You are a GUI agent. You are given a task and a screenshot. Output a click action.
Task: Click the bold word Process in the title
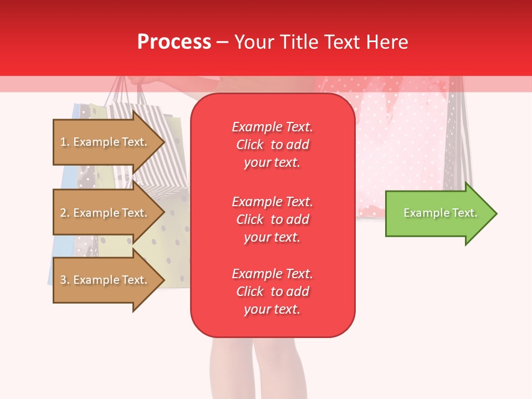(174, 42)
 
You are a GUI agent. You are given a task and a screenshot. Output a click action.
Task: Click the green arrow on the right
(438, 213)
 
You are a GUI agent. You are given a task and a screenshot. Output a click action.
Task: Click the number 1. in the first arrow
(65, 142)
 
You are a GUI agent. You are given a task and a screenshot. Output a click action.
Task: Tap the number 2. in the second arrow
(65, 213)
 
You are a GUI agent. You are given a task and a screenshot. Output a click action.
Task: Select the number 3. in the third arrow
(65, 280)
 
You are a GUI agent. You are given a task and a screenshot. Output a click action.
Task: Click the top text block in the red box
(272, 145)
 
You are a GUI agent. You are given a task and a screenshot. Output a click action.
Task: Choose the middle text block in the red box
(272, 219)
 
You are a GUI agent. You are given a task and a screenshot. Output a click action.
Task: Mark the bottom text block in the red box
(272, 291)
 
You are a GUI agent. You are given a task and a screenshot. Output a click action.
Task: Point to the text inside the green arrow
(440, 213)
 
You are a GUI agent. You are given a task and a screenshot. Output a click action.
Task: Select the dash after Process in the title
(222, 43)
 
